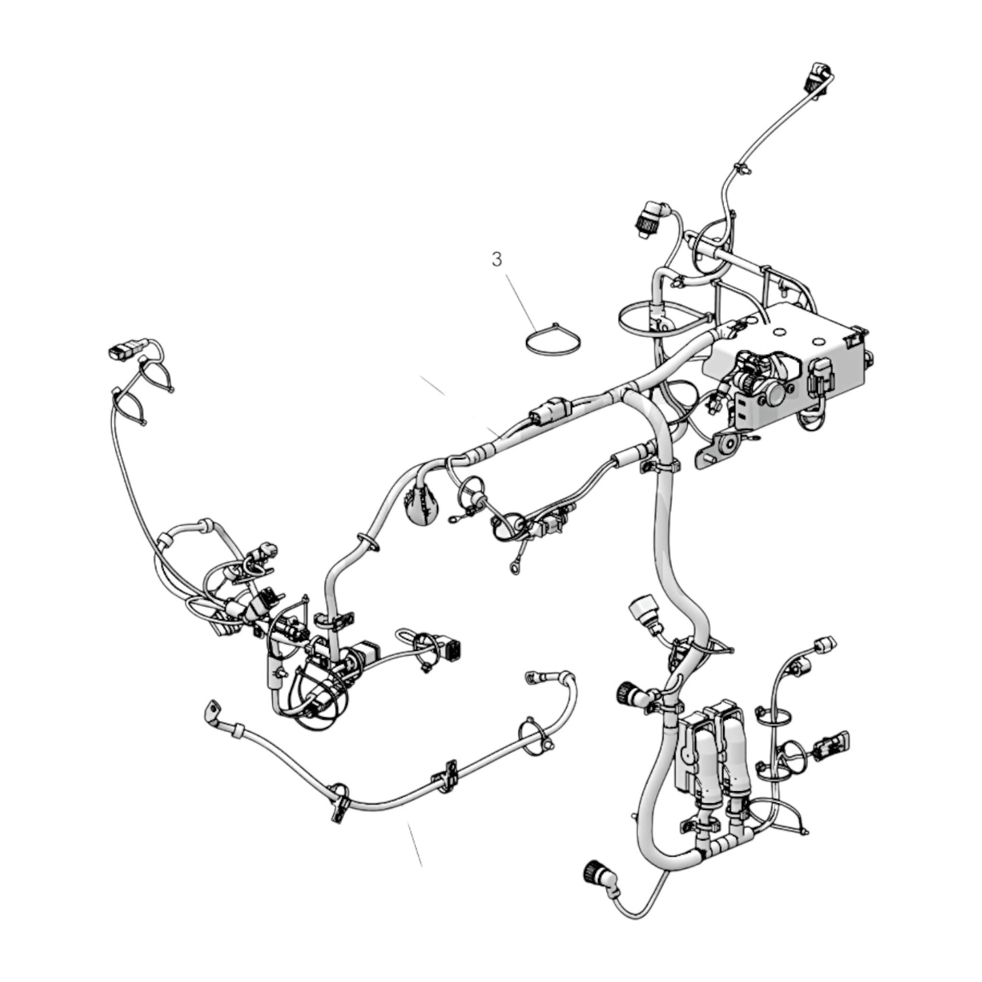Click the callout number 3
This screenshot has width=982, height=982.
(x=497, y=260)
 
